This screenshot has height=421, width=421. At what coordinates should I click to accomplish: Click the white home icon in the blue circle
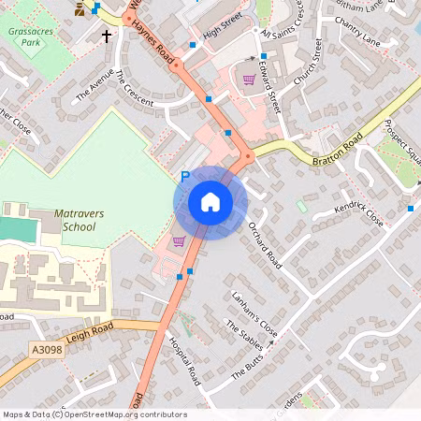click(210, 201)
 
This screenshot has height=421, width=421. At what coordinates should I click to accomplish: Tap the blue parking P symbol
click(184, 176)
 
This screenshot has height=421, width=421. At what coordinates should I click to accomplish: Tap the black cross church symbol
click(107, 36)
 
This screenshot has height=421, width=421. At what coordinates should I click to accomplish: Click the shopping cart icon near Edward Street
click(249, 80)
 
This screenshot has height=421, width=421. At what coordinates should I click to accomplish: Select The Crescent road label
click(133, 90)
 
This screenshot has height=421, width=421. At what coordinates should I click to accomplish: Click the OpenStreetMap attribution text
click(94, 414)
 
